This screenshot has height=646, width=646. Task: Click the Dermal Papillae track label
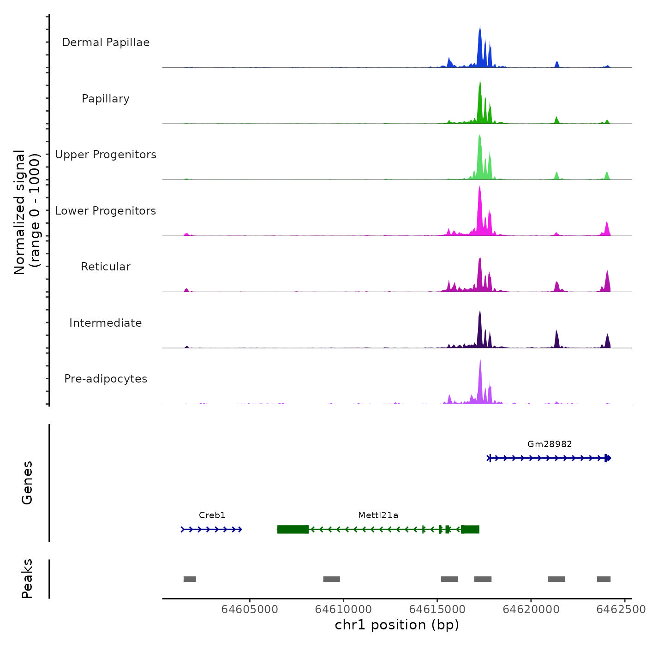106,42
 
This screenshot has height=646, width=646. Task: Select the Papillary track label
106,99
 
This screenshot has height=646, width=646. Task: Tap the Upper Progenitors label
106,155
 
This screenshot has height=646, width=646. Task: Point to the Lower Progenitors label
106,211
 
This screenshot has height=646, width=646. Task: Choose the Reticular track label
106,267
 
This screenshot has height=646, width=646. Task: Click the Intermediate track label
106,323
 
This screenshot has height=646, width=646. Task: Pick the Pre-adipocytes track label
106,379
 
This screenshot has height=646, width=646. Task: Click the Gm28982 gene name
550,444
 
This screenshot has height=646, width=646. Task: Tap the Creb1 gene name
212,515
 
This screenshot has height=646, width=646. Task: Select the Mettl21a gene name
378,515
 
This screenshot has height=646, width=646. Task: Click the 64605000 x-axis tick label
250,610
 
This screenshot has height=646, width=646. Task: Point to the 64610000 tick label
343,610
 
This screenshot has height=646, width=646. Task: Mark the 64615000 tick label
437,610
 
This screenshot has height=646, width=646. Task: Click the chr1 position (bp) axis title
397,625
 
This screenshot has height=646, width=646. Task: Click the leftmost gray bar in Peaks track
190,579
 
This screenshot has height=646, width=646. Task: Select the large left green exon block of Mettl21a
293,529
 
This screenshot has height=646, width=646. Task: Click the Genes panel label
27,483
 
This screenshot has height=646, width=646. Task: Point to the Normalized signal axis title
27,212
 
